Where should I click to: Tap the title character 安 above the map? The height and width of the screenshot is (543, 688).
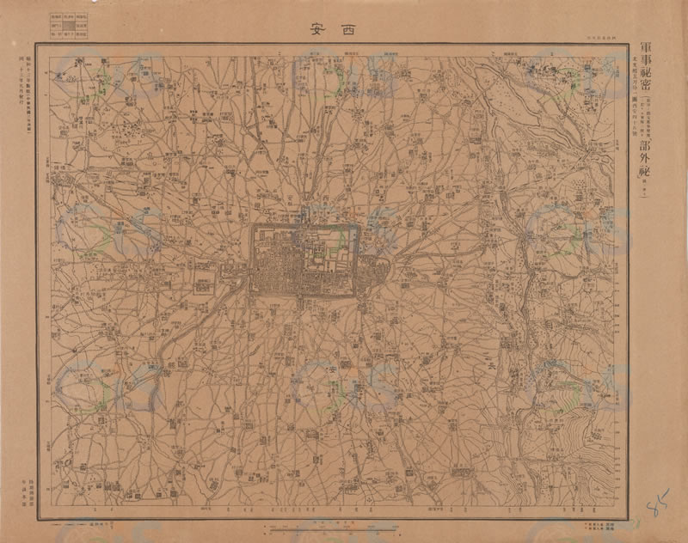tap(317, 27)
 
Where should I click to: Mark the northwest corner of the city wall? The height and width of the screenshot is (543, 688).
tap(251, 226)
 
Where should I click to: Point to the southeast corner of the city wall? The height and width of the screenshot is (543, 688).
tap(355, 295)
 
